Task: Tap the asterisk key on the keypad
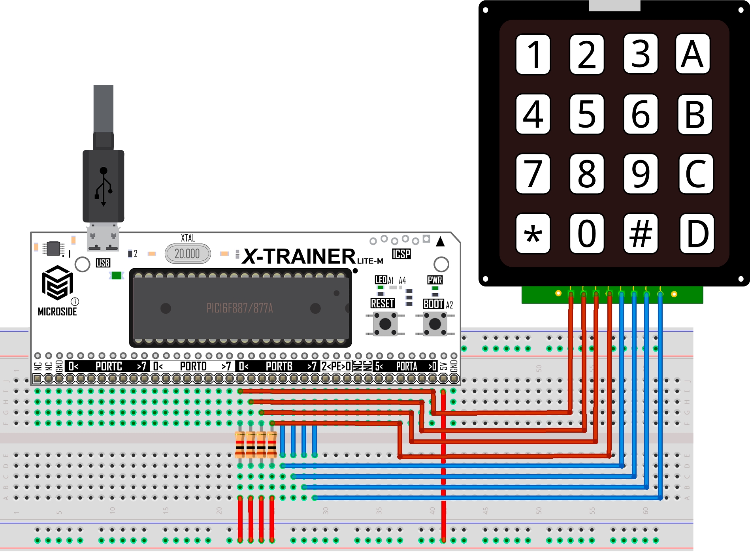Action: click(533, 234)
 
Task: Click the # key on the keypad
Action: click(641, 234)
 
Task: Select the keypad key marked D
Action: click(697, 234)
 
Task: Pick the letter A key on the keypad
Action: click(693, 54)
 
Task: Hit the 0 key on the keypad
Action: click(587, 234)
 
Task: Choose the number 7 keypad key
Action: click(533, 174)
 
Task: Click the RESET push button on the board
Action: click(385, 324)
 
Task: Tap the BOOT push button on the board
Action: click(435, 324)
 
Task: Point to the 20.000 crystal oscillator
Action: click(188, 254)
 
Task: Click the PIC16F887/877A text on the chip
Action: click(239, 308)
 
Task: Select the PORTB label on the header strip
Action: click(279, 366)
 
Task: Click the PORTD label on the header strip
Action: click(193, 366)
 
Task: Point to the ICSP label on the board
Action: click(401, 254)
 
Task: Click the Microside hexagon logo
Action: click(57, 283)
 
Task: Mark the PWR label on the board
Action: click(435, 280)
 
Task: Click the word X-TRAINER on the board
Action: click(300, 256)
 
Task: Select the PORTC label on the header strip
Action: click(109, 366)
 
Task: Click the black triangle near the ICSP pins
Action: click(440, 241)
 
